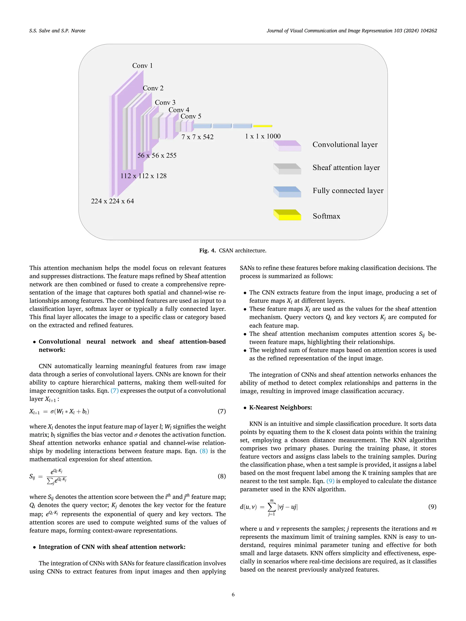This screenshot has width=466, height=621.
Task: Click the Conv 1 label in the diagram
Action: (142, 66)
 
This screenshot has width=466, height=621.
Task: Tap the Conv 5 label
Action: (191, 116)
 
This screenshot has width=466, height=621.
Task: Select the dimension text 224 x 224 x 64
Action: (112, 201)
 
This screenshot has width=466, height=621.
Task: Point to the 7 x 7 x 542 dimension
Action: (198, 137)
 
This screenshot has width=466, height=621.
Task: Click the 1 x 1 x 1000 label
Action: (263, 136)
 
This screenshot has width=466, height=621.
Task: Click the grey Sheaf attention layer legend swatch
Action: (287, 169)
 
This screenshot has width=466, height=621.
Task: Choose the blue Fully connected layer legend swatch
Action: (287, 192)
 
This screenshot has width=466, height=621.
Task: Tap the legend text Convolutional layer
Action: (345, 145)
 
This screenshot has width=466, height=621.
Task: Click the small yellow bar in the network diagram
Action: (263, 126)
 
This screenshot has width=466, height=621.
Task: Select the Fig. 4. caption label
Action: (207, 250)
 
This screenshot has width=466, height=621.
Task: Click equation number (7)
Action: (222, 411)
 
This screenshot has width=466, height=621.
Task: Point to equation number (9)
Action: (432, 507)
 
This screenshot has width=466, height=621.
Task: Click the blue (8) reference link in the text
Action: (204, 451)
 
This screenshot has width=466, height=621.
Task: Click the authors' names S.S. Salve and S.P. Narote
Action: (57, 31)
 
